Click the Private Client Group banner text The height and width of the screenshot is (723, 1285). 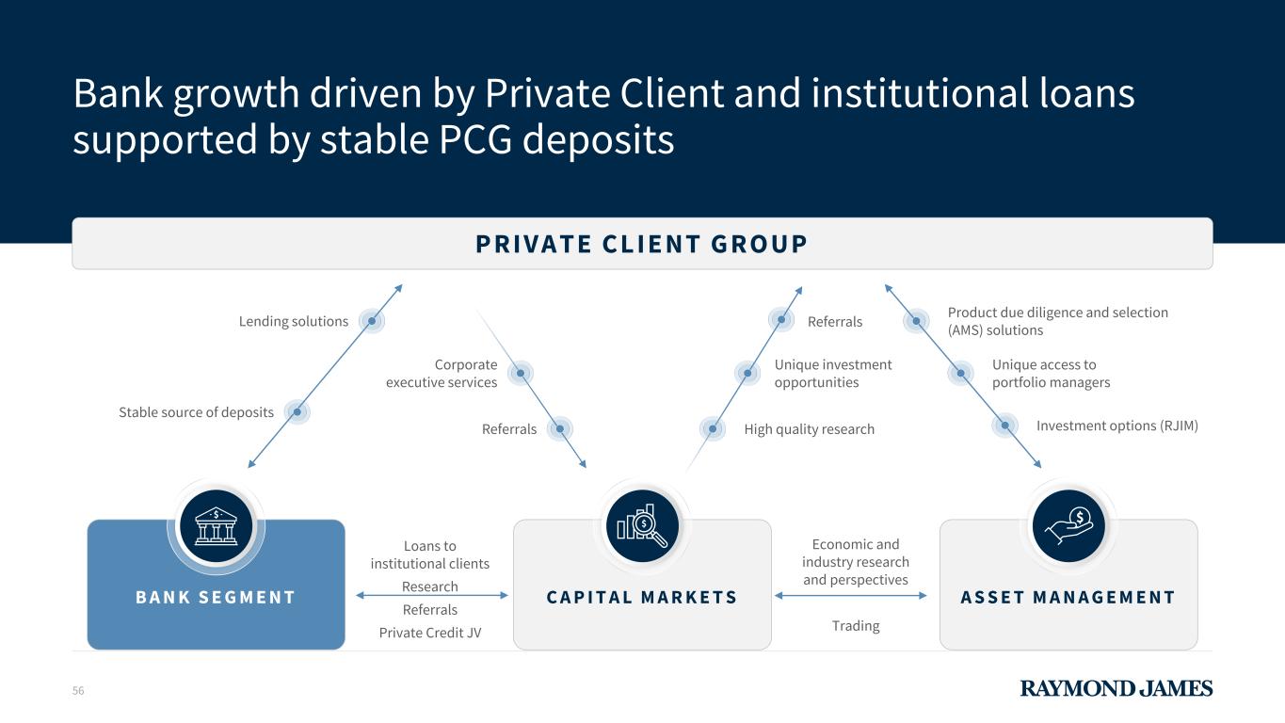pyautogui.click(x=641, y=245)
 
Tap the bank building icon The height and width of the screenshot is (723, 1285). pyautogui.click(x=217, y=526)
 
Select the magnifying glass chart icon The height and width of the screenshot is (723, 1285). pyautogui.click(x=643, y=526)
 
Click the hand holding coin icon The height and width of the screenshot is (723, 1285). pyautogui.click(x=1068, y=526)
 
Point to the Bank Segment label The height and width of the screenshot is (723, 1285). pyautogui.click(x=216, y=598)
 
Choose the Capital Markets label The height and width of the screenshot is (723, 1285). pyautogui.click(x=642, y=598)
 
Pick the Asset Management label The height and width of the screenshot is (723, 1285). pyautogui.click(x=1068, y=598)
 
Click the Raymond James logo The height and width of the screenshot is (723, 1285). pyautogui.click(x=1116, y=688)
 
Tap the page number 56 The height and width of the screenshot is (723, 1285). pyautogui.click(x=78, y=691)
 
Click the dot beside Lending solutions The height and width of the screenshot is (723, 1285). pyautogui.click(x=372, y=321)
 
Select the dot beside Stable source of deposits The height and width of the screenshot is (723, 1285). pyautogui.click(x=297, y=411)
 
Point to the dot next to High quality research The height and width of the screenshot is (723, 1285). pyautogui.click(x=713, y=429)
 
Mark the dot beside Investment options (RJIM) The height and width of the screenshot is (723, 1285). pyautogui.click(x=1005, y=426)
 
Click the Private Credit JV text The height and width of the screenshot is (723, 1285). pyautogui.click(x=430, y=633)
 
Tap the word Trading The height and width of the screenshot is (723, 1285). pyautogui.click(x=855, y=626)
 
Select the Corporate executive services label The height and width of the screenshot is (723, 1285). pyautogui.click(x=442, y=374)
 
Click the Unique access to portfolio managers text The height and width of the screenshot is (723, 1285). pyautogui.click(x=1051, y=374)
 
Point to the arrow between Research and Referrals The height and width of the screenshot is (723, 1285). pyautogui.click(x=431, y=595)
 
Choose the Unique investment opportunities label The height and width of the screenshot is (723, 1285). pyautogui.click(x=832, y=374)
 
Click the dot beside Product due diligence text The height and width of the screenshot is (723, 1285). pyautogui.click(x=916, y=321)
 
